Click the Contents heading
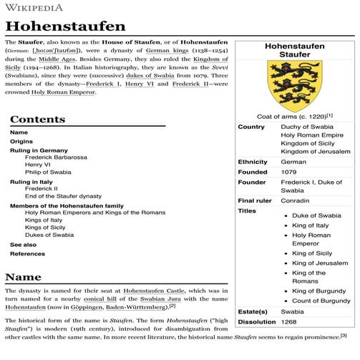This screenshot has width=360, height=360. [37, 119]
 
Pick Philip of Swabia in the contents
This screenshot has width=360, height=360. [48, 172]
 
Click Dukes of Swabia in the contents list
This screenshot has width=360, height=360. [49, 235]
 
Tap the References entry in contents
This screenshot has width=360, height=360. [27, 254]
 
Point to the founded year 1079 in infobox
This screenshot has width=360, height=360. [289, 172]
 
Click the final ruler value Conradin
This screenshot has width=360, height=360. [295, 201]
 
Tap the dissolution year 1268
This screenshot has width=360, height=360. [289, 322]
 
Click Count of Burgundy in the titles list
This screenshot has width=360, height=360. [321, 301]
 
